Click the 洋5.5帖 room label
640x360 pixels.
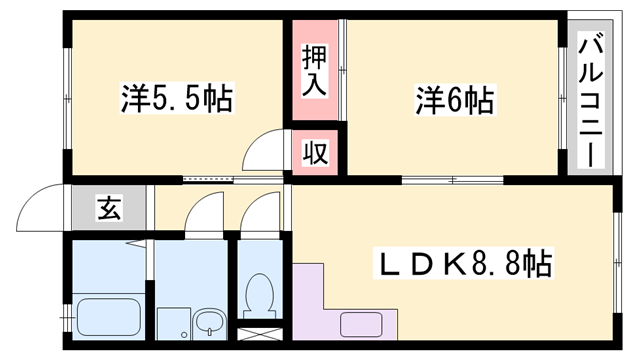point(177,99)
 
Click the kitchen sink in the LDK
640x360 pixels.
point(361,323)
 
